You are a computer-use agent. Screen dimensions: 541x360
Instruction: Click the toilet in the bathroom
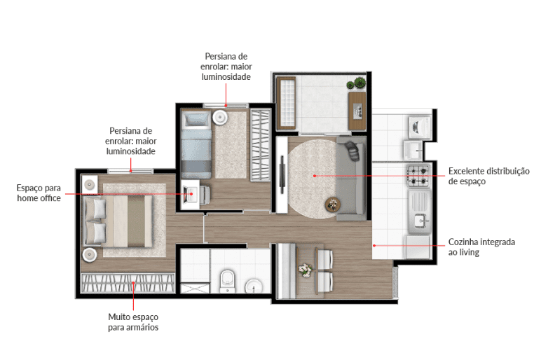pos(227,281)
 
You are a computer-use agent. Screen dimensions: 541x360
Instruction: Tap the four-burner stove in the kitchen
pos(418,176)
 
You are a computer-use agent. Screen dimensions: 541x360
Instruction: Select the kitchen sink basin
pos(420,221)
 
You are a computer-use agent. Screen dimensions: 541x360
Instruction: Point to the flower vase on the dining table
pos(305,270)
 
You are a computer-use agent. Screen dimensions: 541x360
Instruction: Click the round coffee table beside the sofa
pos(333,205)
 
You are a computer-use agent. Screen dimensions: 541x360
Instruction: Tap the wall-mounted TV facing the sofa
pos(282,174)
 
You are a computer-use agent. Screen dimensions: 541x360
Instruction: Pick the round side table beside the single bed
pos(220,117)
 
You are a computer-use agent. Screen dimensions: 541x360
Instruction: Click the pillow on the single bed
pos(196,120)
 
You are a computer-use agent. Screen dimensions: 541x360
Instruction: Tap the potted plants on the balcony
pos(357,83)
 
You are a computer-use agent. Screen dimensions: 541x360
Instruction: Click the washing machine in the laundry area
pos(419,127)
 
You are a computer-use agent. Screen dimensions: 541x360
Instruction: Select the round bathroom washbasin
pos(254,286)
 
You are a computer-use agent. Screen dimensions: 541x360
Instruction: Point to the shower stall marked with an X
pos(195,289)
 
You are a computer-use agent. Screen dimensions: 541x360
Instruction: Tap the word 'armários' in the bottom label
pos(142,327)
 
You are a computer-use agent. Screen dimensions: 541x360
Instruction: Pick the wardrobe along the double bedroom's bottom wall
pos(128,283)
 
